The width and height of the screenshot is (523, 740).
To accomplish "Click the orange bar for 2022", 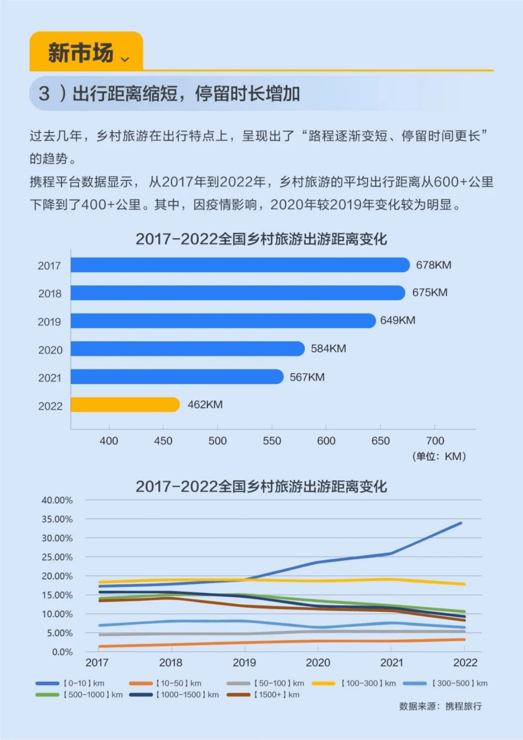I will coord(125,405).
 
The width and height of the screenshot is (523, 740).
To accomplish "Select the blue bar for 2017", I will coord(240,265).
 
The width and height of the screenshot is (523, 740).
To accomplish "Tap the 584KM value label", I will coord(328,349).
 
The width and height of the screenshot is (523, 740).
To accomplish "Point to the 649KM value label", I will coord(397,321).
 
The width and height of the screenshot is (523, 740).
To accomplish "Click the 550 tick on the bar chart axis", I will coord(272,441).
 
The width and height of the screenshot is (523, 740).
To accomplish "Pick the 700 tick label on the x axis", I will coord(435,441).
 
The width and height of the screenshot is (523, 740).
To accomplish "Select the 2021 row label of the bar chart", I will coord(50,378).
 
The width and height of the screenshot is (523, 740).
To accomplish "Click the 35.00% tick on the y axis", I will coord(57,519).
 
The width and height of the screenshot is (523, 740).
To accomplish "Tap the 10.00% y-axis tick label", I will coord(57,614).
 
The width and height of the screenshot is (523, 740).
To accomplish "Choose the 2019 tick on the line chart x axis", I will coord(244,663).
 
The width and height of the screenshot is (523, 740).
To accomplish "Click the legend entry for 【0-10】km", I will coord(70,683).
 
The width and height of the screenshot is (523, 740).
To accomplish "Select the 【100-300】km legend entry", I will coord(354,683).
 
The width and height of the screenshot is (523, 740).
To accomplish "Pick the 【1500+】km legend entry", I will coord(263,695).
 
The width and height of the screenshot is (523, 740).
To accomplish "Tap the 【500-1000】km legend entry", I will coord(79,695).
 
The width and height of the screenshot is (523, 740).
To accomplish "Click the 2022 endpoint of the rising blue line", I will coord(461,523).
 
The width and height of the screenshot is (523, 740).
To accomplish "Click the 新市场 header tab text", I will coord(81,53).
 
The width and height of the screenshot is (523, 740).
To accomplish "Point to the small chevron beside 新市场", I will coord(125,59).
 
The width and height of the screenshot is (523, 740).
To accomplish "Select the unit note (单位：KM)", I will coord(439,456).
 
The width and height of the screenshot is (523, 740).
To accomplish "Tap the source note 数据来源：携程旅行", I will coord(440,707).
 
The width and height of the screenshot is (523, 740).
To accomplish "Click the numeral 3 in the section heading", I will coord(44,94).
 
